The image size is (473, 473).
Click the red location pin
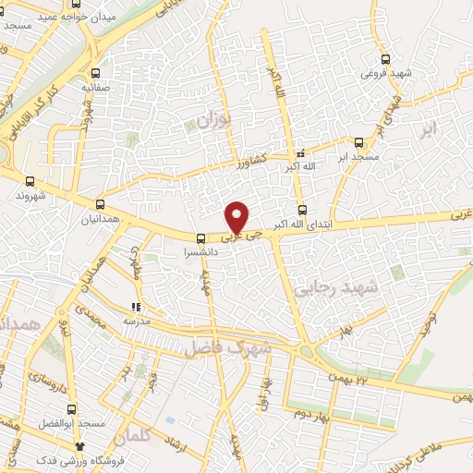point(238,216)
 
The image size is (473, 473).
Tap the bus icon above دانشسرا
point(201,238)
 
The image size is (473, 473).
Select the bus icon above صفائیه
point(97,71)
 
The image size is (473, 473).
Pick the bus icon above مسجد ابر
point(359,142)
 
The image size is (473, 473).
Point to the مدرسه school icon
point(136,307)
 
